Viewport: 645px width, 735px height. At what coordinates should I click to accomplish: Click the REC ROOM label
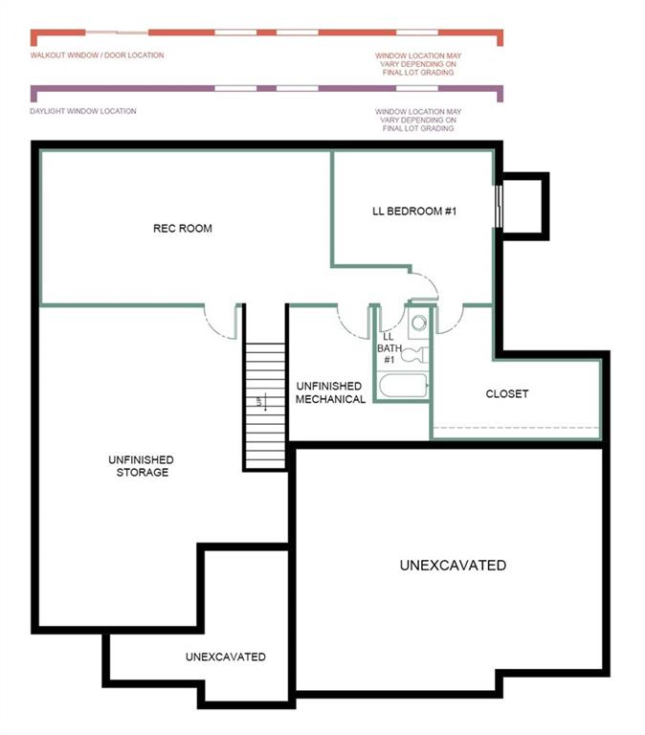coord(183,229)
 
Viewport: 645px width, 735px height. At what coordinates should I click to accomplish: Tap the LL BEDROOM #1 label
coord(413,211)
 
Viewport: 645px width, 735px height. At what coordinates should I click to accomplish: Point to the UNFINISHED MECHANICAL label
coord(330,392)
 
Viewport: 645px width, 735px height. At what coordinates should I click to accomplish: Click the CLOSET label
coord(506,394)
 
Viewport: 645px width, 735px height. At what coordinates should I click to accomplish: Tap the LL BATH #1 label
coord(389,348)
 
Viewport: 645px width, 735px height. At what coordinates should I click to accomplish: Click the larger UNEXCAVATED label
coord(453,566)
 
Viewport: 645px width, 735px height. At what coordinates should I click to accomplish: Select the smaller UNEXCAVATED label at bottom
coord(225,657)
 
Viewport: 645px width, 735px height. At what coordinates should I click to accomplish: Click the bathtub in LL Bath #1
coord(401,388)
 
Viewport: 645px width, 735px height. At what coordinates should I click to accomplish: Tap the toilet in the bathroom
coord(413,355)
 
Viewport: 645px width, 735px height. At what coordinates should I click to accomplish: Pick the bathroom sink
coord(418,323)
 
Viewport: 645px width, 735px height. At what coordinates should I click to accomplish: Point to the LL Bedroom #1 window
coord(499,205)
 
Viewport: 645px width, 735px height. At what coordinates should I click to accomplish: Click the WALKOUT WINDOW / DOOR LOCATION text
coord(97,56)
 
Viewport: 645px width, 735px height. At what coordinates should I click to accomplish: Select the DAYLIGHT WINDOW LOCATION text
coord(83,111)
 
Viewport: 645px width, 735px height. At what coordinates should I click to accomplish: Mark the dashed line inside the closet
coord(516,427)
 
